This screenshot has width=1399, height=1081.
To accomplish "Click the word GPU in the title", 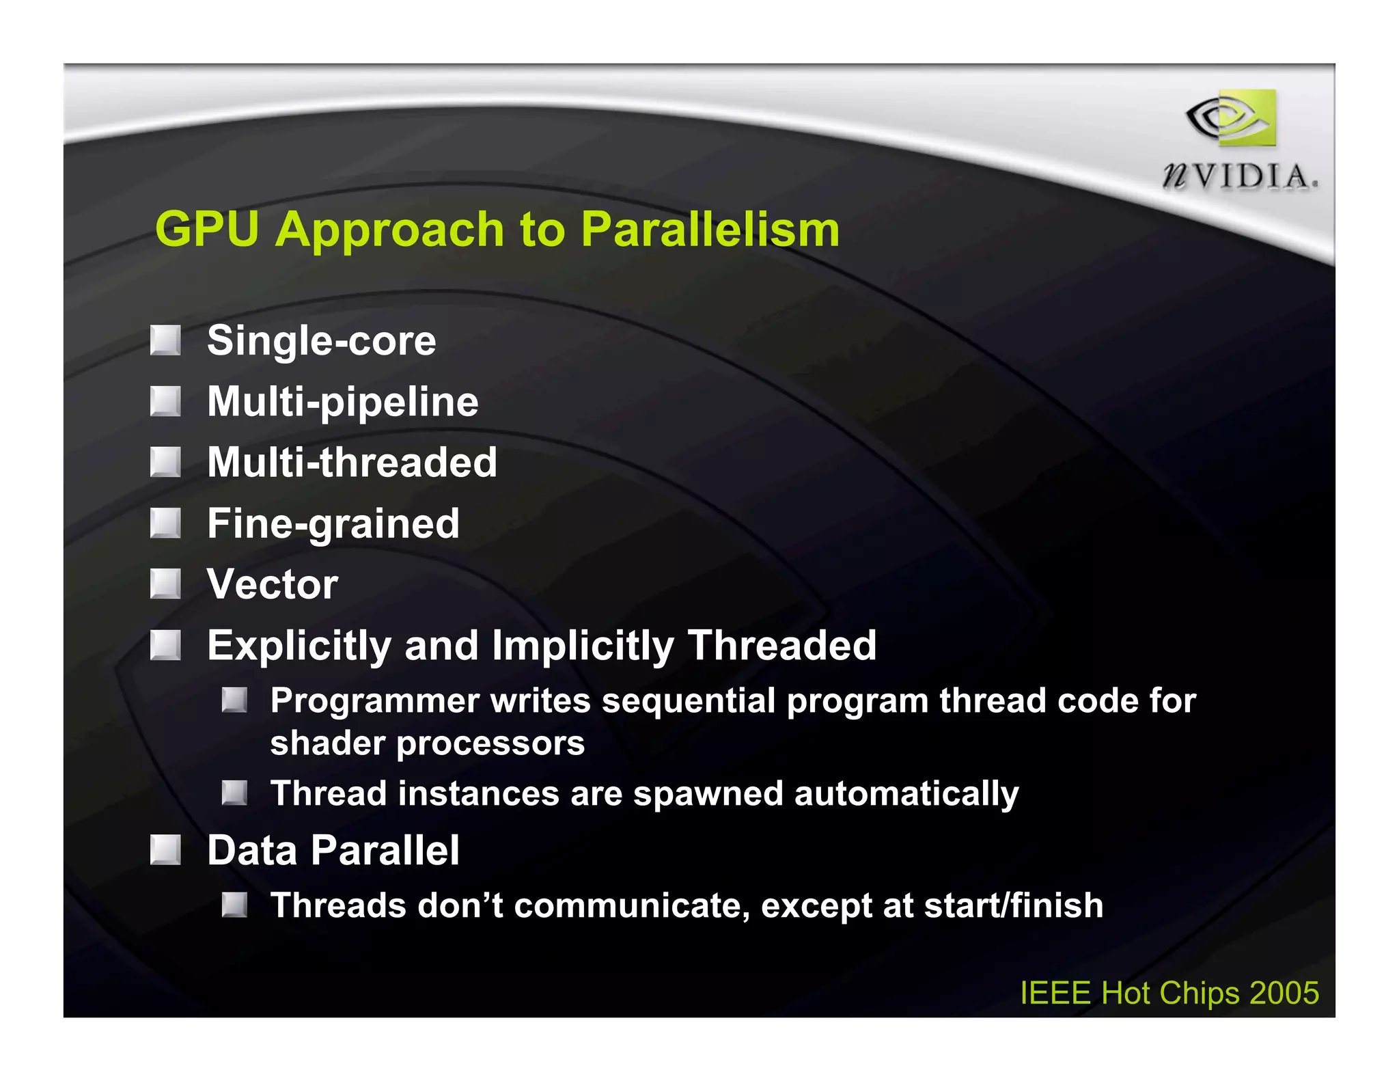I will click(207, 229).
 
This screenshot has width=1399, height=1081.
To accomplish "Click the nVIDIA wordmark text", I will click(1239, 177).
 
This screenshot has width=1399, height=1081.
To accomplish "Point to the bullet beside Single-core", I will click(165, 340).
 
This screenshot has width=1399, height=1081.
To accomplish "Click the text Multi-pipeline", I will click(342, 402).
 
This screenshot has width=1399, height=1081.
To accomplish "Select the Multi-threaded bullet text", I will click(352, 463).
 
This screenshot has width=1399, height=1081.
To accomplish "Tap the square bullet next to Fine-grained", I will click(165, 523).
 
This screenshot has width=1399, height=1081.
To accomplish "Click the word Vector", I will click(272, 585).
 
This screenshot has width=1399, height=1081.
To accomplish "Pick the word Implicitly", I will click(583, 646).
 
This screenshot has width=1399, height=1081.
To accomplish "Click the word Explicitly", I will click(299, 646).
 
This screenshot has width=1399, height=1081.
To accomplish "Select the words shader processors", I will click(427, 743).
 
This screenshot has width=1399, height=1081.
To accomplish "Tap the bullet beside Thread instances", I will click(234, 793).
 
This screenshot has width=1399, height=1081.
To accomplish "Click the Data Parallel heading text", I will click(333, 851).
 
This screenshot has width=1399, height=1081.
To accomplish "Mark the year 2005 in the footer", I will click(1284, 993).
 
